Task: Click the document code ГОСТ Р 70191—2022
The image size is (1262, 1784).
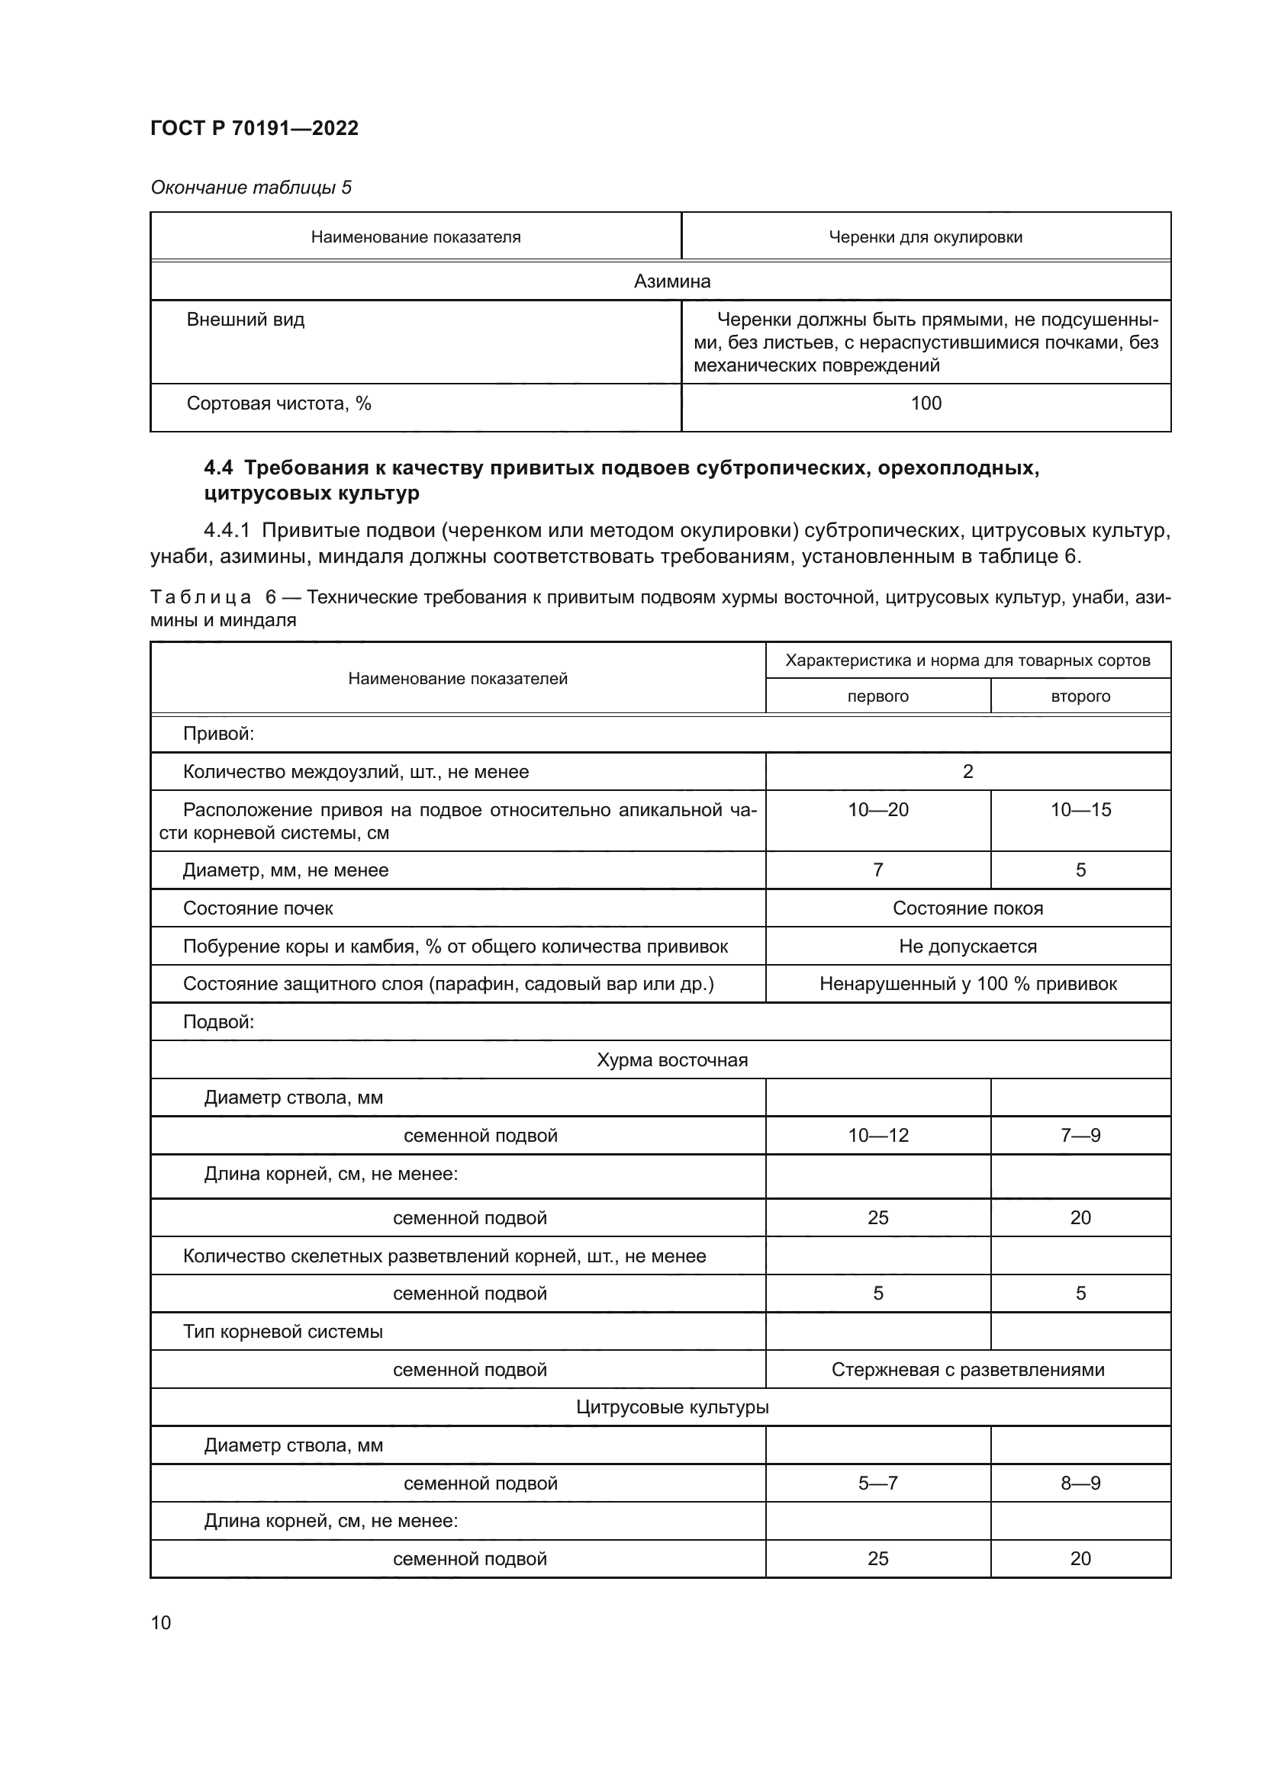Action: pyautogui.click(x=254, y=128)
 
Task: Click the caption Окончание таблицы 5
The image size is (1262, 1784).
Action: pyautogui.click(x=251, y=188)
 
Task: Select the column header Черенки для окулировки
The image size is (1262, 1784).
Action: pyautogui.click(x=925, y=237)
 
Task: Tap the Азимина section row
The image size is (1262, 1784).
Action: pyautogui.click(x=672, y=281)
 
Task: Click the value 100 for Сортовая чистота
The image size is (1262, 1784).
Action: pyautogui.click(x=926, y=403)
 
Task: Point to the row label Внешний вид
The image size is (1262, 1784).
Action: pyautogui.click(x=246, y=320)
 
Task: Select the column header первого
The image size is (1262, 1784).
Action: pyautogui.click(x=877, y=696)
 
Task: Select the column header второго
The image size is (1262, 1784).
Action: pyautogui.click(x=1080, y=696)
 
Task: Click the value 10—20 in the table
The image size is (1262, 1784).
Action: pyautogui.click(x=877, y=810)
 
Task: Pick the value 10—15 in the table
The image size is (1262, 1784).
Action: pyautogui.click(x=1080, y=810)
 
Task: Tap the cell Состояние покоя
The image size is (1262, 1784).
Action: pyautogui.click(x=967, y=908)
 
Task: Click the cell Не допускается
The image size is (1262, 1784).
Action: pyautogui.click(x=967, y=947)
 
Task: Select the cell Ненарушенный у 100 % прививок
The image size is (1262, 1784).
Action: pyautogui.click(x=967, y=984)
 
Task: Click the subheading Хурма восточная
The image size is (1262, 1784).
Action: pyautogui.click(x=672, y=1060)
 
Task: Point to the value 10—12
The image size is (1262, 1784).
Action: pyautogui.click(x=877, y=1135)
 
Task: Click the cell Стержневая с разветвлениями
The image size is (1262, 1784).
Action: pyautogui.click(x=967, y=1369)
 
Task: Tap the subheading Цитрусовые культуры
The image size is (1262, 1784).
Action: pyautogui.click(x=672, y=1407)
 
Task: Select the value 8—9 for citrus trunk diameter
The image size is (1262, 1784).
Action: pyautogui.click(x=1080, y=1483)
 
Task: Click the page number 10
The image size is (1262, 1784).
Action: pyautogui.click(x=161, y=1622)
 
